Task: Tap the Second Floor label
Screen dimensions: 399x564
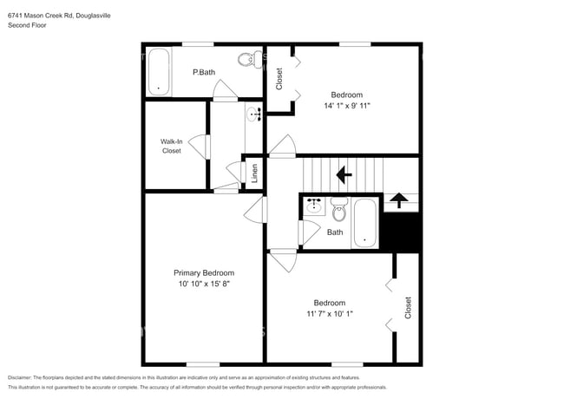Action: point(28,26)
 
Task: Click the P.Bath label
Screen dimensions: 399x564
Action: point(203,72)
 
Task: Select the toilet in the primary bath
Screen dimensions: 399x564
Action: point(248,61)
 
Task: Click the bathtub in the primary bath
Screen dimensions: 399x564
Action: point(158,71)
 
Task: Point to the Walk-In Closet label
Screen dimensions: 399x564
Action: point(171,146)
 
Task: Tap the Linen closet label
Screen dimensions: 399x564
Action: point(255,173)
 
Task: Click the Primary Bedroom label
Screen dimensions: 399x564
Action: point(204,272)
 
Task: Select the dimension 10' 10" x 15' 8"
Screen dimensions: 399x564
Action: point(204,284)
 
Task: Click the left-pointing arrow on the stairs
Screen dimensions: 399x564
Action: point(344,175)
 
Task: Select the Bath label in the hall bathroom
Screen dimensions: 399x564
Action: point(335,232)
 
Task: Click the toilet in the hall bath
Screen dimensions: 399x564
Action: point(338,210)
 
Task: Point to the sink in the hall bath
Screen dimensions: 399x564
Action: point(314,207)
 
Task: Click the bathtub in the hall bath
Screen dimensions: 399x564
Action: point(365,224)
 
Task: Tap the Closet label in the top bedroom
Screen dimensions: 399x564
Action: point(279,79)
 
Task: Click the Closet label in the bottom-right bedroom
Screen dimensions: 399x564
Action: point(408,307)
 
